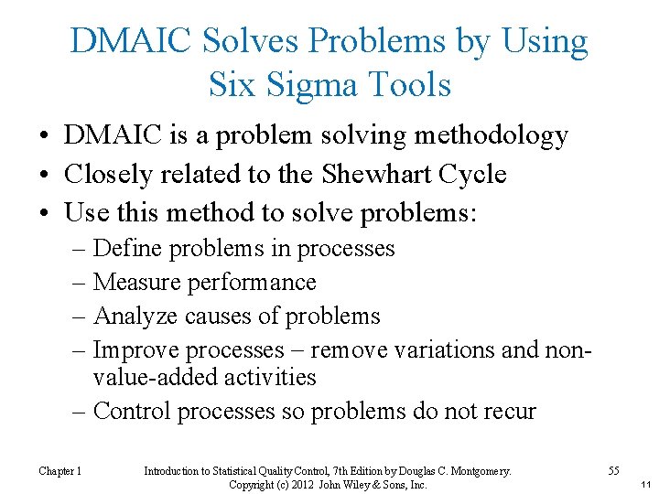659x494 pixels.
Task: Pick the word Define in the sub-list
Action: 127,248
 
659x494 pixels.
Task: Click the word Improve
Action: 139,349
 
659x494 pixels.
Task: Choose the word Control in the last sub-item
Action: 134,411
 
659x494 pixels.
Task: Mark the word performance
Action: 251,282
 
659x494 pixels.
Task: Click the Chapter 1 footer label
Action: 60,471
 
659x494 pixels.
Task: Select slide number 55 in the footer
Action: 614,471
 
